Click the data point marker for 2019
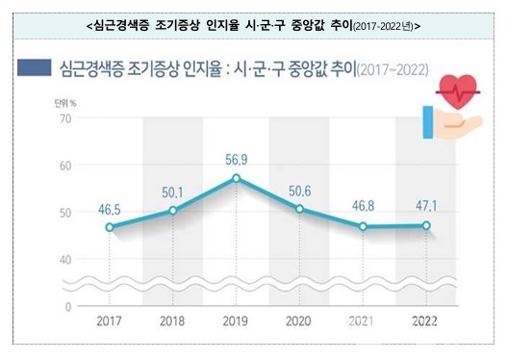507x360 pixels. [x=236, y=178]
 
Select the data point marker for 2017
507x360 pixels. [x=110, y=227]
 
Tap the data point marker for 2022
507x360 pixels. [x=426, y=226]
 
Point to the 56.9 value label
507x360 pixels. [x=236, y=158]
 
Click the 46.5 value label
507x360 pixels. [x=110, y=207]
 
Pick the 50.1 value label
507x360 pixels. [x=173, y=190]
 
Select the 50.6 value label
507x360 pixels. [x=299, y=189]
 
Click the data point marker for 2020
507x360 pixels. [x=299, y=209]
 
